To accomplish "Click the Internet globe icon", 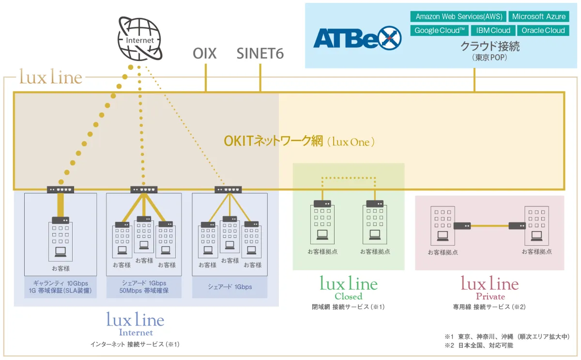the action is tap(140, 38).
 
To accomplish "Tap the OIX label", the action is tap(204, 53).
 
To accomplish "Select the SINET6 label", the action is tap(260, 53).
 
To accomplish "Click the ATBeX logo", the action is tap(357, 38).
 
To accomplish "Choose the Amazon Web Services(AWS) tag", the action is tap(459, 16).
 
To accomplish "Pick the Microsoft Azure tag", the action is tap(539, 16).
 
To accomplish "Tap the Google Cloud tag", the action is tap(440, 31).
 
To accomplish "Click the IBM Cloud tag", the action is tap(493, 31).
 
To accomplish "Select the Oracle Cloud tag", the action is tap(543, 31).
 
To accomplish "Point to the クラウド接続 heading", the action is tap(489, 47).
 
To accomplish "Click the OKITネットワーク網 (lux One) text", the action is tap(299, 141).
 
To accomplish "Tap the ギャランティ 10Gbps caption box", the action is tap(61, 287).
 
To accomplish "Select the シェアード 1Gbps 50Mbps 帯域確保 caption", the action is tap(144, 287).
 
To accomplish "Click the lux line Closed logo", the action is tap(349, 288).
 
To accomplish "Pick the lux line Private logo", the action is tap(489, 288).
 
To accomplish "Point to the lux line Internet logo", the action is tap(136, 324).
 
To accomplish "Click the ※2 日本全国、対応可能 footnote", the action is tap(479, 345).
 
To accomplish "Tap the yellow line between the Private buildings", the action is tap(489, 226).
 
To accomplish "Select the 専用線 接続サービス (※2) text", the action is tap(489, 307).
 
